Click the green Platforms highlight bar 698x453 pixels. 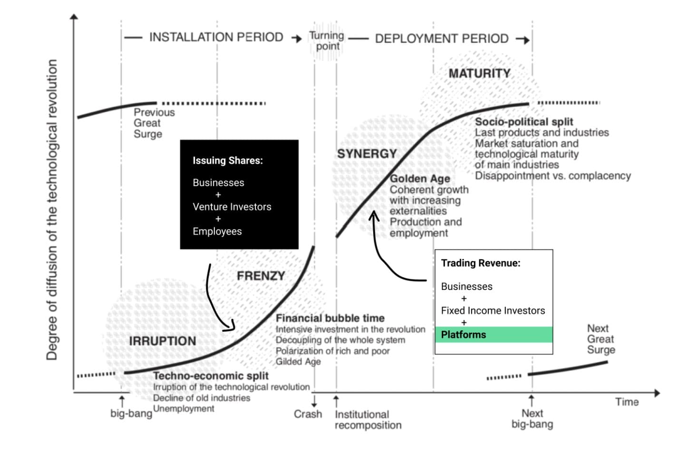pyautogui.click(x=494, y=335)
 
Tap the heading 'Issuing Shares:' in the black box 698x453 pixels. pyautogui.click(x=227, y=160)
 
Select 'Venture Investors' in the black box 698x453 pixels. pyautogui.click(x=232, y=207)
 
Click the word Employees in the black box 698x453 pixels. pyautogui.click(x=217, y=231)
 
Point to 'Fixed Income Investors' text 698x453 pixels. pyautogui.click(x=493, y=311)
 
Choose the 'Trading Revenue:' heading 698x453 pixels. pyautogui.click(x=481, y=263)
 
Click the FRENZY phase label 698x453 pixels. pyautogui.click(x=261, y=276)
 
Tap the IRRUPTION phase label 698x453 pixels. pyautogui.click(x=162, y=341)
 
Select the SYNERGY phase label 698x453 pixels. pyautogui.click(x=367, y=154)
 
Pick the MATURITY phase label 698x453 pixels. pyautogui.click(x=479, y=74)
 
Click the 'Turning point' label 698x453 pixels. pyautogui.click(x=327, y=41)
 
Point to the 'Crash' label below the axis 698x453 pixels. pyautogui.click(x=308, y=414)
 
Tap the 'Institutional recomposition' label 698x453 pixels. pyautogui.click(x=368, y=420)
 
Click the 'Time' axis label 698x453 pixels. pyautogui.click(x=627, y=402)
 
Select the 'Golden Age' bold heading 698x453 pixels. pyautogui.click(x=420, y=178)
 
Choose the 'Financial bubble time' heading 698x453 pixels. pyautogui.click(x=330, y=318)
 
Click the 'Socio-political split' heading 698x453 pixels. pyautogui.click(x=524, y=122)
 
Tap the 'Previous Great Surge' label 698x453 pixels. pyautogui.click(x=154, y=123)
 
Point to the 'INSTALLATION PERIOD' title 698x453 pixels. pyautogui.click(x=216, y=37)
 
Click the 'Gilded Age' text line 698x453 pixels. pyautogui.click(x=298, y=362)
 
